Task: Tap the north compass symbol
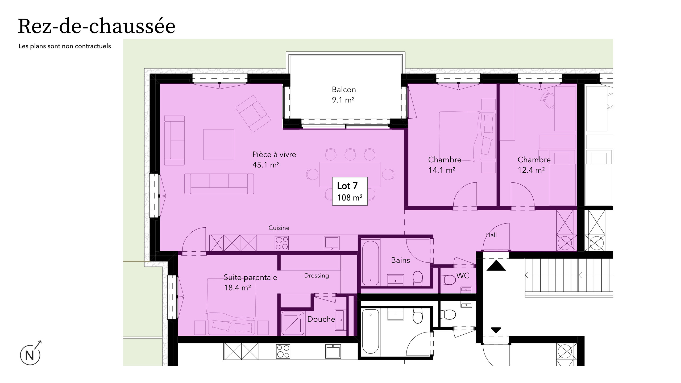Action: (x=30, y=355)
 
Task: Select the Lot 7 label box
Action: (x=350, y=191)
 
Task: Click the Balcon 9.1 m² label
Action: (x=343, y=95)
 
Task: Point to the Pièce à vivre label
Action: (x=274, y=155)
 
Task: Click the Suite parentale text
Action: (x=250, y=277)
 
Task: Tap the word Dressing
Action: (x=316, y=276)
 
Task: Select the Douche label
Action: (x=321, y=319)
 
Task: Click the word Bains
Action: (x=400, y=260)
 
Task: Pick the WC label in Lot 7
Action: (x=463, y=276)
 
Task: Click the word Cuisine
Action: (x=279, y=228)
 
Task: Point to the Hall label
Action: (x=491, y=235)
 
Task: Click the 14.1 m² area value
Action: (x=442, y=170)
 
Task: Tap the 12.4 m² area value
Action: (x=531, y=170)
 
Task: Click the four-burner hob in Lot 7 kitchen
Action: (x=282, y=243)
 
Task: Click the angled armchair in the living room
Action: (x=253, y=114)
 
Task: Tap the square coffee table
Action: (x=219, y=144)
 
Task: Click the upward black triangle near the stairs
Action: (x=496, y=266)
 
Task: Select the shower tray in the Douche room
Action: (x=293, y=323)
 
